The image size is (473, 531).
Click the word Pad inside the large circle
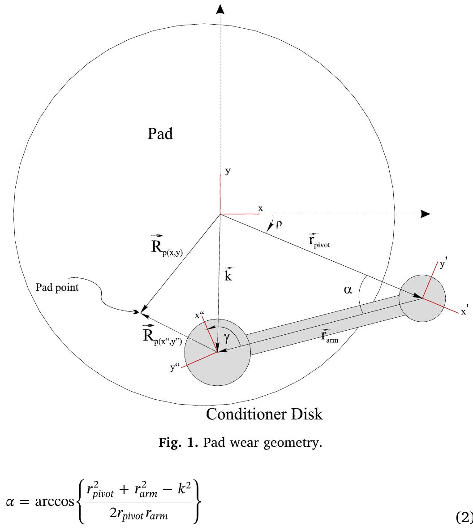(x=160, y=134)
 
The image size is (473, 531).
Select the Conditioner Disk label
(x=264, y=414)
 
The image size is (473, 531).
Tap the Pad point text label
(x=57, y=288)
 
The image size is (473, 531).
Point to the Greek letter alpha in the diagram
(x=348, y=290)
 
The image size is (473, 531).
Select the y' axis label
(x=443, y=265)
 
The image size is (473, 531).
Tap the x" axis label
(x=198, y=316)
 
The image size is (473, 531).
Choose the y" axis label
(x=176, y=369)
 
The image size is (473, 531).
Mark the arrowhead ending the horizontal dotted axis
(x=425, y=214)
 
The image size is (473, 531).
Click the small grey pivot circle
(x=422, y=298)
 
